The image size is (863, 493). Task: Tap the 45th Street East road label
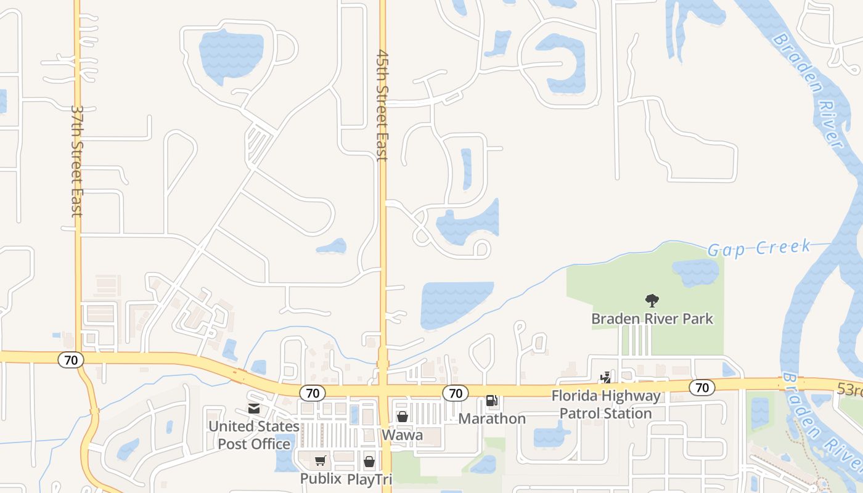(382, 105)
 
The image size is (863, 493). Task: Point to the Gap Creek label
(759, 248)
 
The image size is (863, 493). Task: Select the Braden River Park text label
(652, 319)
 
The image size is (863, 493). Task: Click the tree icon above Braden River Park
(652, 301)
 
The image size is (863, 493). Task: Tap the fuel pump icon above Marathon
(492, 401)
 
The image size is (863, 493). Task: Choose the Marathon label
(492, 418)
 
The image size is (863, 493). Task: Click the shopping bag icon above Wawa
(403, 417)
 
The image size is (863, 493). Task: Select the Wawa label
(403, 435)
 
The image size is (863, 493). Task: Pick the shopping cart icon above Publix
(320, 461)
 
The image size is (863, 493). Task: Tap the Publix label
(321, 478)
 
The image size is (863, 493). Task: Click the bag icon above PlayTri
(369, 461)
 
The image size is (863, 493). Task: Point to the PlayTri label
(369, 479)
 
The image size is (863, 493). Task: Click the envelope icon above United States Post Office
(253, 408)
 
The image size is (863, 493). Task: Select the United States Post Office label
(253, 435)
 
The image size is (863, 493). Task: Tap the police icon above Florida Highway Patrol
(606, 377)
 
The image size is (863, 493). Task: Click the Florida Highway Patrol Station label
(606, 404)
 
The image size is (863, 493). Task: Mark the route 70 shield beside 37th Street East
(71, 360)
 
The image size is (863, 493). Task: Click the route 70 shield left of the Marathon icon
(456, 393)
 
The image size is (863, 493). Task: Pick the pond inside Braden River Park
(695, 272)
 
